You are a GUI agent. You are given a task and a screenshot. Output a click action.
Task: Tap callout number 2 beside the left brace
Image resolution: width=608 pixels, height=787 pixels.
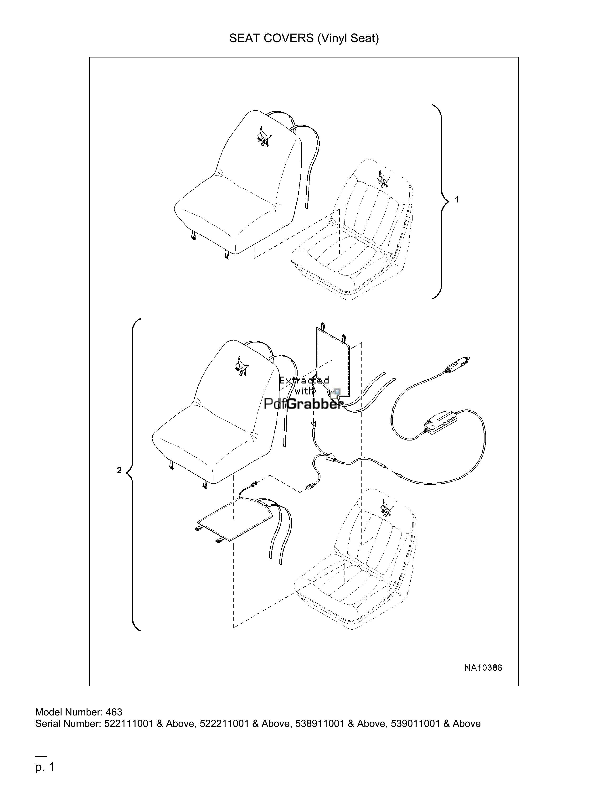tap(119, 470)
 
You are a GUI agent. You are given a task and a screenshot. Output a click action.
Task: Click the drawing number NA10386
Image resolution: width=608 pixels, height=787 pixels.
tap(483, 667)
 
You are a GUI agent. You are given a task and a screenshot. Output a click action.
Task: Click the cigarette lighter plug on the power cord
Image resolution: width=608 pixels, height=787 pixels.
tap(458, 364)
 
